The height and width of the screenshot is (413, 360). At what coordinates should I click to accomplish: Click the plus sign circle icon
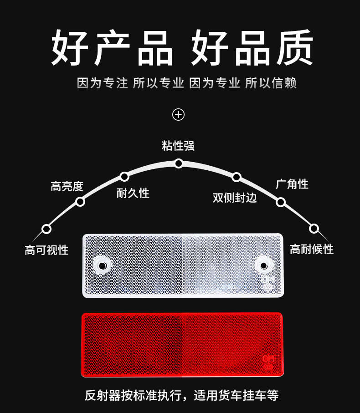(x=178, y=114)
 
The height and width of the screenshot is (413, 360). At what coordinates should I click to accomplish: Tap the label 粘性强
(x=178, y=146)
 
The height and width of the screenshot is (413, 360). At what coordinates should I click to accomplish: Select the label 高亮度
(x=67, y=186)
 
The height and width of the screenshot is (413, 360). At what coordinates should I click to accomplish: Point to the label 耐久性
(x=133, y=193)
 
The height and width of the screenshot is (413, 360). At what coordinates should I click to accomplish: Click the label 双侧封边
(x=235, y=198)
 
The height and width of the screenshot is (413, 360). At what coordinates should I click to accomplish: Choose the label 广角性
(x=292, y=184)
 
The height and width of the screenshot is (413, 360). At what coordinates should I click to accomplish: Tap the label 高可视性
(x=46, y=250)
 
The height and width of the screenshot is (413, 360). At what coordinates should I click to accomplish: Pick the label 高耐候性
(x=312, y=249)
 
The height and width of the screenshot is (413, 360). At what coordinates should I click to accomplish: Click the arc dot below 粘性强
(x=179, y=163)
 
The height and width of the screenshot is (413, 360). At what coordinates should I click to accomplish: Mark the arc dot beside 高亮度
(x=80, y=201)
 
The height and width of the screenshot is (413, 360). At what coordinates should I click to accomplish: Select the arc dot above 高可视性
(x=46, y=229)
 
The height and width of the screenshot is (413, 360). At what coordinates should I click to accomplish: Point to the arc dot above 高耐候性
(x=314, y=228)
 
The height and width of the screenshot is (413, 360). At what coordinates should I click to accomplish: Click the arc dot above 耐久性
(x=124, y=176)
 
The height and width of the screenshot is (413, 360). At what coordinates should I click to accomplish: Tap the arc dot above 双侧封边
(x=236, y=177)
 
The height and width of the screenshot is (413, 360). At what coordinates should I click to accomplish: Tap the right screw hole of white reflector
(x=263, y=265)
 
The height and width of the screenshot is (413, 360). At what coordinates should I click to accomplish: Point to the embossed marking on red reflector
(x=267, y=362)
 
